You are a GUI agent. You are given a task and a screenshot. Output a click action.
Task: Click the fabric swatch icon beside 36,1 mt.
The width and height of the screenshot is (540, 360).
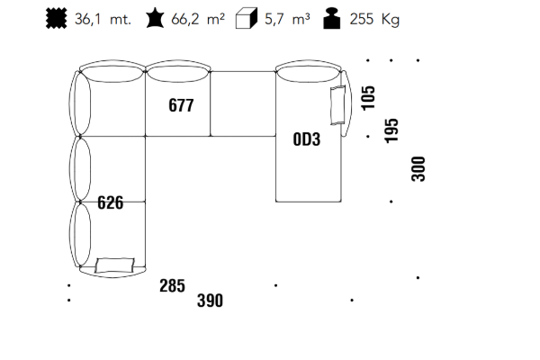(x=56, y=19)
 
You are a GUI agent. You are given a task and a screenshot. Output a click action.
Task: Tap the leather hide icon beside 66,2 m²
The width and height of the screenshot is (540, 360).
(x=155, y=19)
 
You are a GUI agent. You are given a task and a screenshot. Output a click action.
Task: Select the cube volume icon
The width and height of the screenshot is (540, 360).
(x=247, y=19)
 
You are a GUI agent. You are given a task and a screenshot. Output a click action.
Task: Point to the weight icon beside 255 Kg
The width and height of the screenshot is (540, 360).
(x=332, y=19)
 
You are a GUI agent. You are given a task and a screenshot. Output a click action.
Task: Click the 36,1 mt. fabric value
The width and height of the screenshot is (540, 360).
(x=103, y=19)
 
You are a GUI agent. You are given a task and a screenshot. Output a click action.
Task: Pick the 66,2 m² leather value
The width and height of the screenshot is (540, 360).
(x=198, y=19)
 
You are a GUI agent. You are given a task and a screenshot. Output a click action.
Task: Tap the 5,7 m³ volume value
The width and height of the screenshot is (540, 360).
(x=287, y=19)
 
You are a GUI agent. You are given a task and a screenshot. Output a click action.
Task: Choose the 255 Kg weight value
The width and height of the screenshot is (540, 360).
(x=374, y=20)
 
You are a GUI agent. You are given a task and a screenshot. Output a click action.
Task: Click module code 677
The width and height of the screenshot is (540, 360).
(x=181, y=105)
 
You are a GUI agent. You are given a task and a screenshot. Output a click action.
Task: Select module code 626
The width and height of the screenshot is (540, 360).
(x=110, y=202)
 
